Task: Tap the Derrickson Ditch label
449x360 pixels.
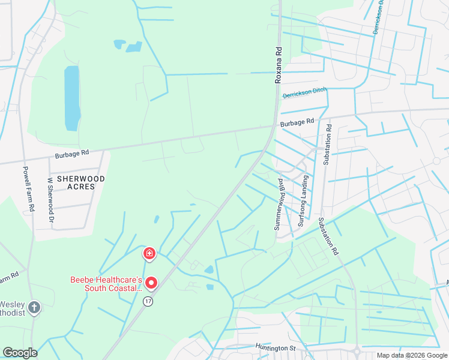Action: click(304, 93)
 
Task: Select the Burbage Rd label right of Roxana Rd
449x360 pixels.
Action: click(297, 122)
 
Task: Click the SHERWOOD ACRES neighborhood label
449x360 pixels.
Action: click(80, 182)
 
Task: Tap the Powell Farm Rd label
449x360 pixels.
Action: click(28, 190)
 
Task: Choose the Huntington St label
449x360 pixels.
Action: click(277, 347)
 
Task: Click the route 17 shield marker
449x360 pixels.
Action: click(147, 301)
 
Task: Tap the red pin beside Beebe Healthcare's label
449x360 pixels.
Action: click(152, 282)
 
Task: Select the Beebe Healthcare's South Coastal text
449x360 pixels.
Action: click(106, 284)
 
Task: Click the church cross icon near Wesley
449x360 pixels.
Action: click(34, 308)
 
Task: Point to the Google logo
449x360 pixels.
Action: click(20, 353)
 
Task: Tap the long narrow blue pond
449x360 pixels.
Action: click(72, 98)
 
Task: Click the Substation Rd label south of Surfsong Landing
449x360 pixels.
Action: click(329, 235)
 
